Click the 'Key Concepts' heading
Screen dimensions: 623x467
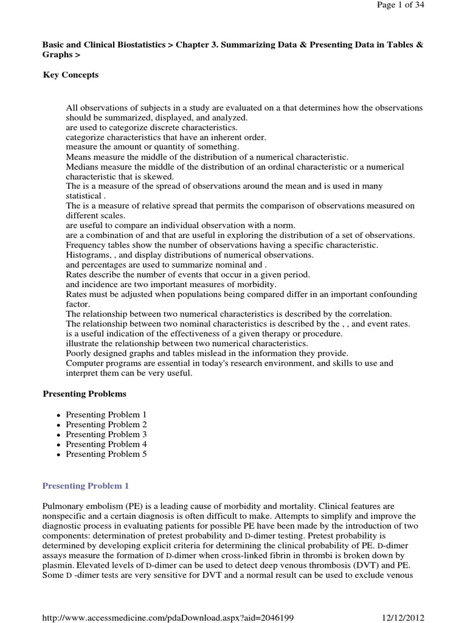pyautogui.click(x=71, y=75)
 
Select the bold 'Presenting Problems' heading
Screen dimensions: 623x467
pyautogui.click(x=85, y=394)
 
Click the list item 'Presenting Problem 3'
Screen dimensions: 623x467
pyautogui.click(x=106, y=434)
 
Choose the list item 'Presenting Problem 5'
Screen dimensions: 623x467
pyautogui.click(x=106, y=454)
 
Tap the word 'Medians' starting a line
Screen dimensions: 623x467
pyautogui.click(x=81, y=167)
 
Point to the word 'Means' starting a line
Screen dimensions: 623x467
pyautogui.click(x=78, y=157)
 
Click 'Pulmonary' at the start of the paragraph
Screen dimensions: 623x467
pyautogui.click(x=62, y=506)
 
